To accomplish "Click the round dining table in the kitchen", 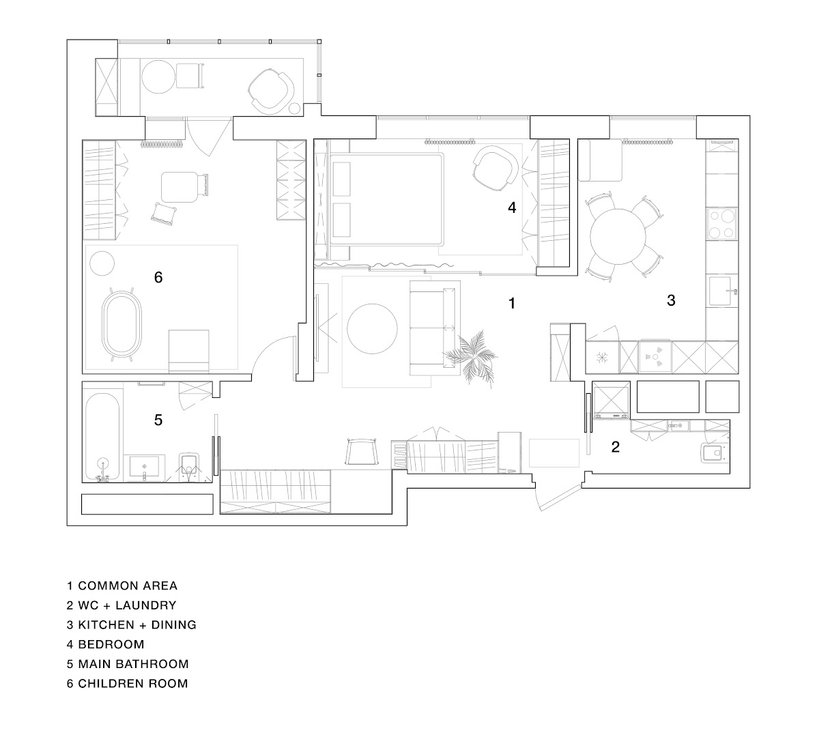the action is [618, 236].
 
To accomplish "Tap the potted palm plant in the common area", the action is [470, 358].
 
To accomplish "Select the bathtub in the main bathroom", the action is [103, 437].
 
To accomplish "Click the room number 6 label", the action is [158, 277].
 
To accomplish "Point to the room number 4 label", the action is [512, 207].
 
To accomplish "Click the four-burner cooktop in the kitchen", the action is [722, 223].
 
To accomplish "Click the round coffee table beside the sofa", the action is [372, 329].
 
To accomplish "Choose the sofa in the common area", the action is [435, 328].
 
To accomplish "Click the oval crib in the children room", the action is [122, 325].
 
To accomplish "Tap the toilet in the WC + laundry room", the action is [712, 452].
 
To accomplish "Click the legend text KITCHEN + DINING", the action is [137, 624].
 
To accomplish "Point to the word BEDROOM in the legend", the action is [111, 644].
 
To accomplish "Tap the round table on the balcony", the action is [158, 77].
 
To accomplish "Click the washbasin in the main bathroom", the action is [144, 467].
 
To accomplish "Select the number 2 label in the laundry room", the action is [616, 447].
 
